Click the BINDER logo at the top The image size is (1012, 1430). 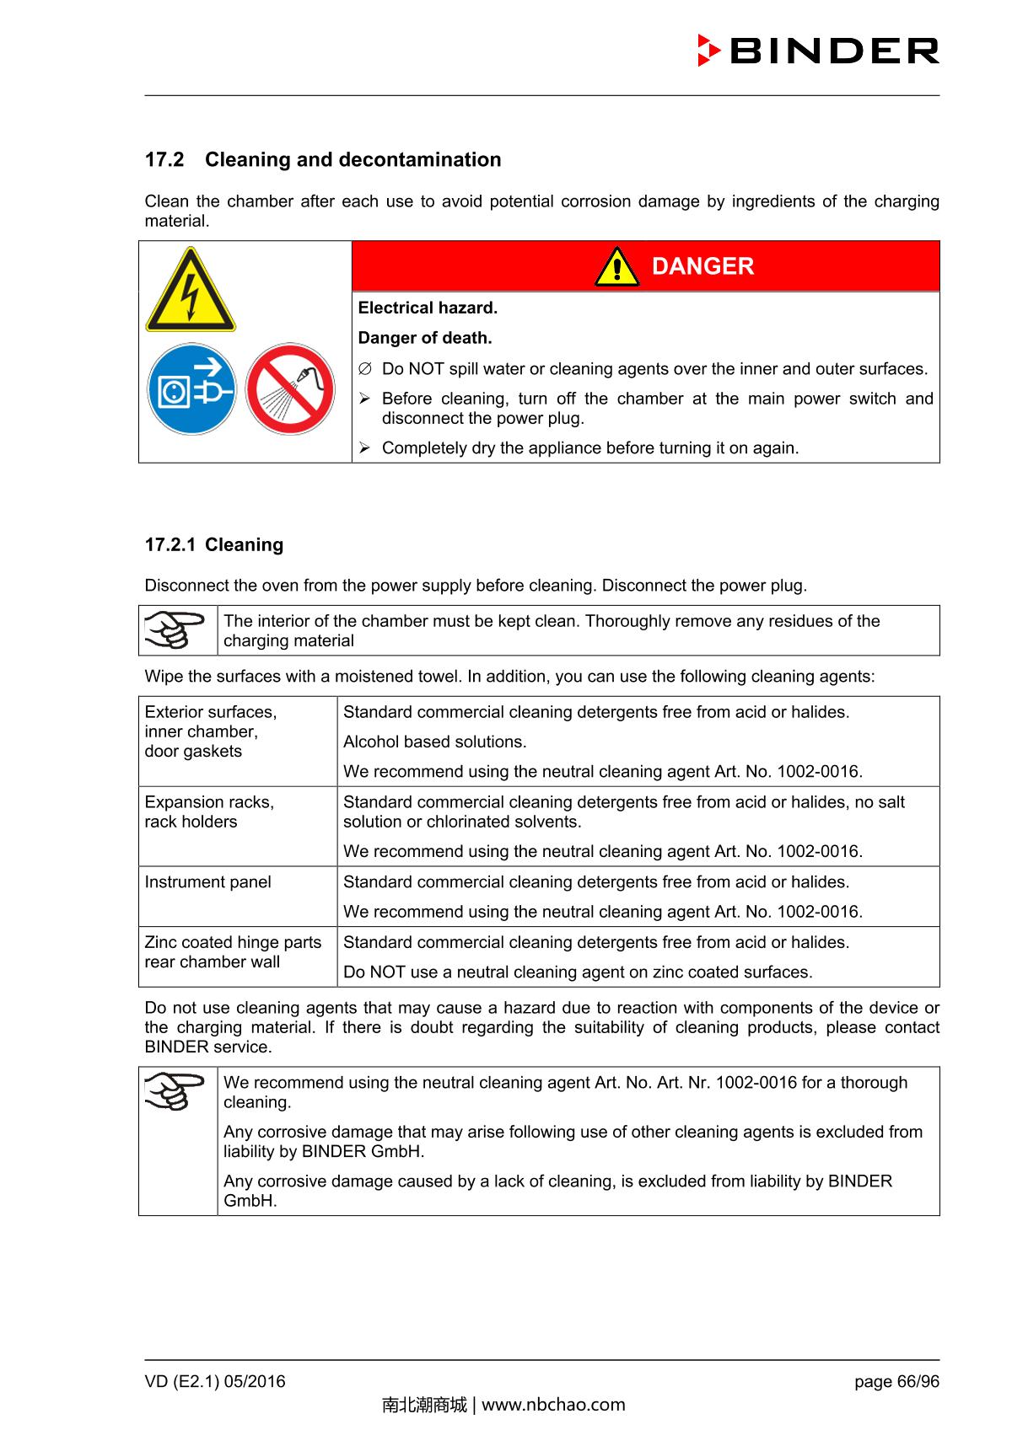[818, 51]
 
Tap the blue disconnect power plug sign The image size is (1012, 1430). [191, 389]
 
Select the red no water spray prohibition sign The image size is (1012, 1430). [290, 389]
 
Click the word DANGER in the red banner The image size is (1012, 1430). [702, 266]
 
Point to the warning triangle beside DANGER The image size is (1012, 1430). [616, 268]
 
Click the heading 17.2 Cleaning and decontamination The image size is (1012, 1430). [323, 159]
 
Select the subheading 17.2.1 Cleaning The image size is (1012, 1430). [214, 544]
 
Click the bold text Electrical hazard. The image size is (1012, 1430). [428, 308]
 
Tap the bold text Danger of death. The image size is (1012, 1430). [424, 338]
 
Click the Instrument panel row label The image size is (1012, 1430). [207, 882]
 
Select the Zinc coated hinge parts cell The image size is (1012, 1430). [233, 952]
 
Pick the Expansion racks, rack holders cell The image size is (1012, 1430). [209, 811]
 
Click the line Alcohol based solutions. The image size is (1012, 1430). [434, 742]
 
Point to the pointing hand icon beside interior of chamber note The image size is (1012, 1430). [175, 630]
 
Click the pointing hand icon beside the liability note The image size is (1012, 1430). [175, 1092]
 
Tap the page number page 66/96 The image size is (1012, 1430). [896, 1381]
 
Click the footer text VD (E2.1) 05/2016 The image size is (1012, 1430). [215, 1381]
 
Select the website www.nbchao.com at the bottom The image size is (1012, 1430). [553, 1405]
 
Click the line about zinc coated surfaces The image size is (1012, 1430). [578, 972]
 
